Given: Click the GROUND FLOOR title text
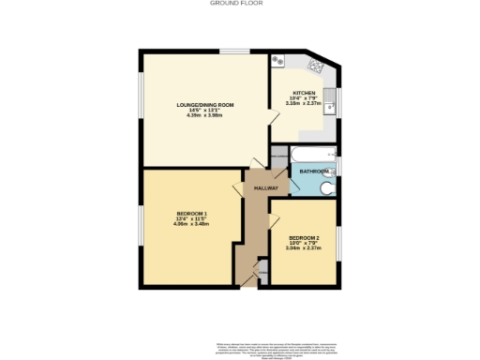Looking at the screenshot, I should tap(240, 4).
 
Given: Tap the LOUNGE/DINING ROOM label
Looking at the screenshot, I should tap(204, 104).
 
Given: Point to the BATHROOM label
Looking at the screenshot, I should tap(314, 172).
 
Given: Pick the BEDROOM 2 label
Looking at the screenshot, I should tap(304, 237).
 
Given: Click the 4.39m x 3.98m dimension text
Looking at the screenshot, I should tap(204, 116).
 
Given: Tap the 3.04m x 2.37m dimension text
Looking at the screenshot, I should tap(304, 248).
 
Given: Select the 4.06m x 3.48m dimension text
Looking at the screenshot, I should tap(191, 225).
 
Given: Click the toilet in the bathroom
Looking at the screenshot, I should tap(326, 187).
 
